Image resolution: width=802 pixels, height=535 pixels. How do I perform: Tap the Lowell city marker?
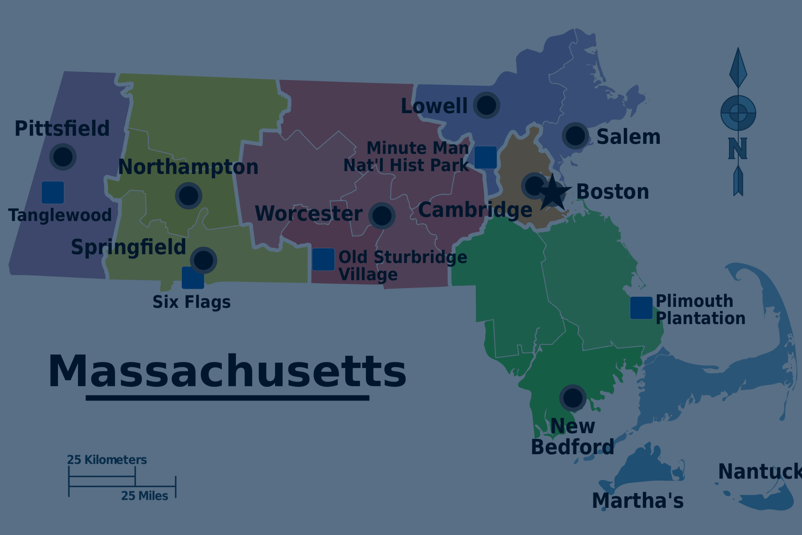(x=487, y=105)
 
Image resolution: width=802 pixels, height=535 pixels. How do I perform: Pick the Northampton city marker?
(x=188, y=196)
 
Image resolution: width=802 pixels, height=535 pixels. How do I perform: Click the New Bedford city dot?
(x=573, y=398)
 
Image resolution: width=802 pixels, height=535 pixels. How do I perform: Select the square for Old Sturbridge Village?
(x=323, y=259)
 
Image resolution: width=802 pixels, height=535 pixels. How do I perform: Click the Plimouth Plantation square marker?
(x=641, y=308)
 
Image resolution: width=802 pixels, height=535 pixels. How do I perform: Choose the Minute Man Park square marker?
(x=485, y=157)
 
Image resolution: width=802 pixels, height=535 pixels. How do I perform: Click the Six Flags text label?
(x=192, y=302)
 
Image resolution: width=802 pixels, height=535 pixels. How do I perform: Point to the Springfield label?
(x=129, y=247)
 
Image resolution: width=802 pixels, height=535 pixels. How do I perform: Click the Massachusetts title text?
(x=228, y=371)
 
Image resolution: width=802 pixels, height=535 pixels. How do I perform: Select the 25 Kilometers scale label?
(x=107, y=460)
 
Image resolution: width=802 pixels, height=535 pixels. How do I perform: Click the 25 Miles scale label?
(x=145, y=496)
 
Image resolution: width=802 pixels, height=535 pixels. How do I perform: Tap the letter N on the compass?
(x=738, y=148)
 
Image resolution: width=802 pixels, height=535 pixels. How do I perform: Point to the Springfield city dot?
(x=203, y=260)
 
